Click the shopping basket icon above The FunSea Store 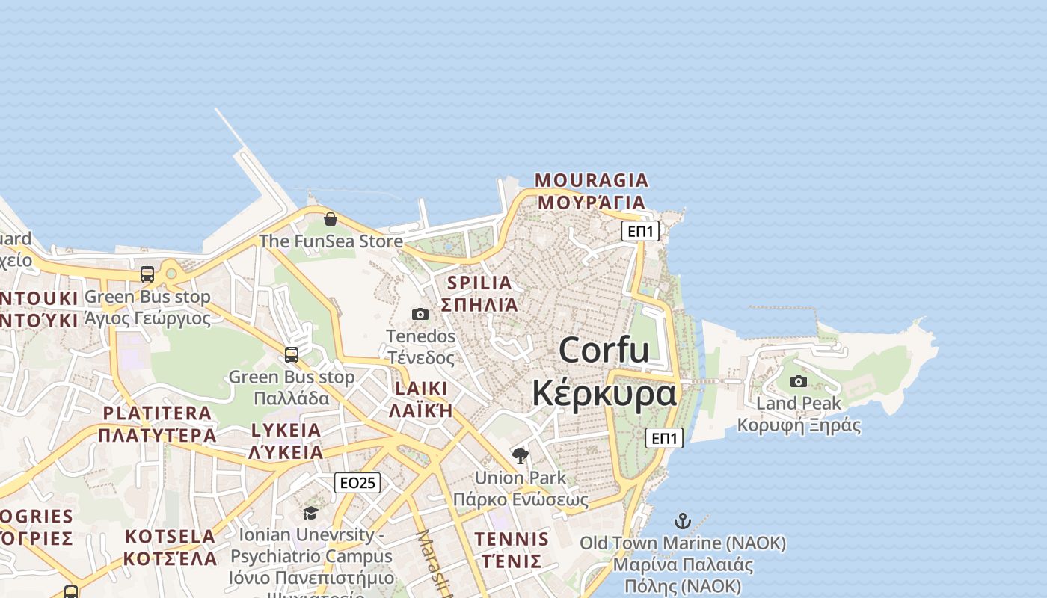(x=330, y=219)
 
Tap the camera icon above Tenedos (x=420, y=314)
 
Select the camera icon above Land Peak (x=799, y=381)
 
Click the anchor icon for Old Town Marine (x=682, y=521)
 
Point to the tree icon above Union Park (x=520, y=455)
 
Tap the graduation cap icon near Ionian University (x=310, y=513)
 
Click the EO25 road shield (x=357, y=483)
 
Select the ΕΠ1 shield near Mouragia (x=640, y=231)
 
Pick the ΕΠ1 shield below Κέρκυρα (x=664, y=438)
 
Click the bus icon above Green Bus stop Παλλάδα (x=292, y=354)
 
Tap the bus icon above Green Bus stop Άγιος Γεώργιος (x=147, y=274)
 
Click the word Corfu (x=604, y=350)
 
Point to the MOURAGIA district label (x=592, y=180)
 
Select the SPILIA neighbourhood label (x=479, y=283)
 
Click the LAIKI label (x=421, y=389)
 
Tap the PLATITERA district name (x=157, y=413)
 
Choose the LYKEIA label (x=286, y=431)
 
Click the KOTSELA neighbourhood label (x=170, y=536)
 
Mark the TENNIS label (x=512, y=539)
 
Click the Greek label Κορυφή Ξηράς (x=799, y=425)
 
